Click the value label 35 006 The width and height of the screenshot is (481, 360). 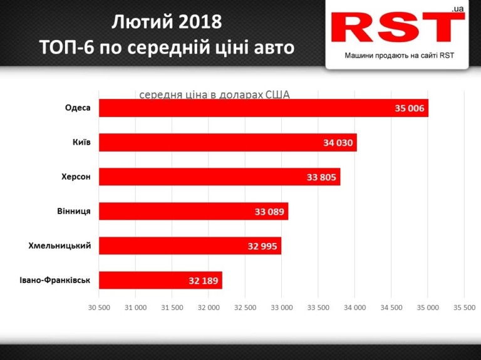point(410,108)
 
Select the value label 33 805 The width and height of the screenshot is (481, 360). point(322,177)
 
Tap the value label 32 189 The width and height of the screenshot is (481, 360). point(204,280)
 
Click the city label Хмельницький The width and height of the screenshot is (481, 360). point(59,245)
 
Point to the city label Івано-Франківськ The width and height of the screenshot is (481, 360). point(54,280)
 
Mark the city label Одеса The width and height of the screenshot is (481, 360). point(78,108)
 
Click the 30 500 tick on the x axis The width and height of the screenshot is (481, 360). point(99,307)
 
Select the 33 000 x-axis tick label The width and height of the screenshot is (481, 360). point(282,307)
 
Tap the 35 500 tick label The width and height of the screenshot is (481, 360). point(464,307)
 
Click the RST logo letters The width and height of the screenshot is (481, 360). point(397,28)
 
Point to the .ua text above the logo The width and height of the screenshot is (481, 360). point(457,8)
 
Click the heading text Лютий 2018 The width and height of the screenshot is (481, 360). point(167,22)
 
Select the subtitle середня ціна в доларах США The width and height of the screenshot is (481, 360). point(215,95)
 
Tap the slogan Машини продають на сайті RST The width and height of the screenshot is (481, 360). point(399,55)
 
